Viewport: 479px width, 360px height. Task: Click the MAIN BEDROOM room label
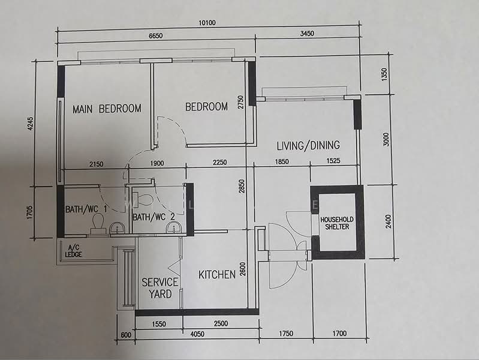(x=107, y=109)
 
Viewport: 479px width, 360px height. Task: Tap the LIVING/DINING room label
(x=308, y=145)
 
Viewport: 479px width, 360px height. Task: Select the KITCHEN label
(x=217, y=275)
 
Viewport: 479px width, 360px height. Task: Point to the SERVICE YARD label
(x=160, y=288)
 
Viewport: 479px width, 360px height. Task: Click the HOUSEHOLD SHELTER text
(x=337, y=223)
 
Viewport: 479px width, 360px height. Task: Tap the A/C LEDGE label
(x=73, y=251)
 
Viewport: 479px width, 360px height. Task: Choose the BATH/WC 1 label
(x=86, y=209)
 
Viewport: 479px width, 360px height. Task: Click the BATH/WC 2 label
(x=153, y=217)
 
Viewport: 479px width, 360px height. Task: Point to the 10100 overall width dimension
(x=207, y=23)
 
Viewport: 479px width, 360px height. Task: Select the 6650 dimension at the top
(x=155, y=36)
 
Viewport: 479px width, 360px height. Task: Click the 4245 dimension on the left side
(x=29, y=123)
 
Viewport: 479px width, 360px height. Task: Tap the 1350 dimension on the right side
(x=384, y=74)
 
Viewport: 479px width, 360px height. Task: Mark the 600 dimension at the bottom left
(x=126, y=335)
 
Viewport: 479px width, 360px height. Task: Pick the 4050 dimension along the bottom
(x=197, y=334)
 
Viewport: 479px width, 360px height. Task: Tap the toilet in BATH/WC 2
(x=145, y=199)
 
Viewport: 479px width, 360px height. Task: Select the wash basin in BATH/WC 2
(x=173, y=228)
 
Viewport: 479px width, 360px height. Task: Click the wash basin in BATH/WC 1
(x=117, y=229)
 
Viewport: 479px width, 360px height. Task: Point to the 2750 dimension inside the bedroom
(x=241, y=102)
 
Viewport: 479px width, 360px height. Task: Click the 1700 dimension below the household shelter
(x=339, y=333)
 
